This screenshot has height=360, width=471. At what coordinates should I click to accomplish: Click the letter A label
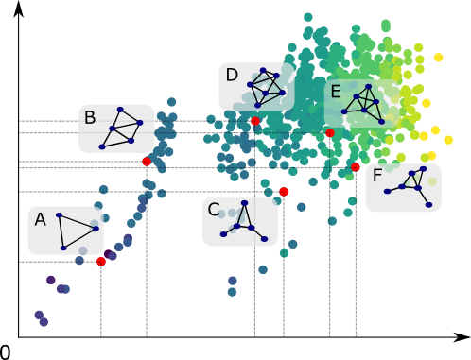point(40,220)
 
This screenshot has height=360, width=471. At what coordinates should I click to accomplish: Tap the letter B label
point(90,118)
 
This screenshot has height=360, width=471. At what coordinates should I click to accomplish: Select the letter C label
point(214,210)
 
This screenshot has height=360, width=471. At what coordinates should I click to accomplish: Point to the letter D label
point(232,76)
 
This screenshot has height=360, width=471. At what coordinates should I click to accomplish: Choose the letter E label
point(336,92)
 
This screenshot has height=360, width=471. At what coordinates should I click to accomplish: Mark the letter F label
point(377,176)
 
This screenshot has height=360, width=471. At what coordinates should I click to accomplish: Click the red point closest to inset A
point(101,261)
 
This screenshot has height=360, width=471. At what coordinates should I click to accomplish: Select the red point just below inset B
point(147,162)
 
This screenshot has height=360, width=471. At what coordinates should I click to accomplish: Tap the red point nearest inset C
point(283,192)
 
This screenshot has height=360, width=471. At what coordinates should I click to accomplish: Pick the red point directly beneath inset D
point(255,121)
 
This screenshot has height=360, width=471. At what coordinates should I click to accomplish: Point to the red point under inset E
point(330,133)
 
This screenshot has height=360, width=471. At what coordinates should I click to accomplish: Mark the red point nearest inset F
point(356,167)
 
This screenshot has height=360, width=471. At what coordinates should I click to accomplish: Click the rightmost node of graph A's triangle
point(96,228)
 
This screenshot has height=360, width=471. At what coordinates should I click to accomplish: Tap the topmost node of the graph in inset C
point(243,202)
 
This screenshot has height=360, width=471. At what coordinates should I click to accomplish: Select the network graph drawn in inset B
point(122,129)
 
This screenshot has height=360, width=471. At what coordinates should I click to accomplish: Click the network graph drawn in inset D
point(267,87)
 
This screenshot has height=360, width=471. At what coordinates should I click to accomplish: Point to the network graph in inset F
point(410,186)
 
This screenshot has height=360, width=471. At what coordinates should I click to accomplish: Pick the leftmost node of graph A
point(59,215)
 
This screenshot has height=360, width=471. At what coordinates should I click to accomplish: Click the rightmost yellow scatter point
point(448,140)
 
